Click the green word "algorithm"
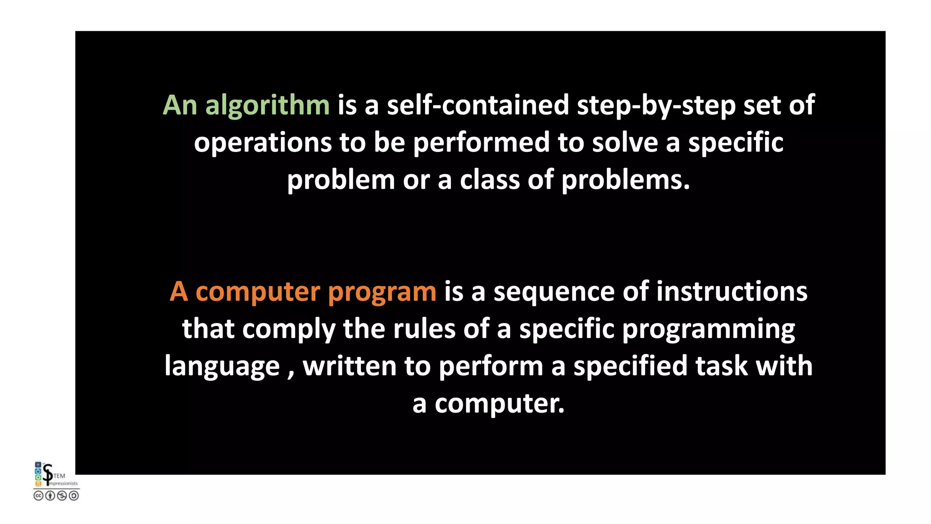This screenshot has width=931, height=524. [x=267, y=106]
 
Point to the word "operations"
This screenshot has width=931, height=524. [x=263, y=143]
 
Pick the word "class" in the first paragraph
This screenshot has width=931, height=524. [x=490, y=180]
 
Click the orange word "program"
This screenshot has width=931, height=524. [x=382, y=292]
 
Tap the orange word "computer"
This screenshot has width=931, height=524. [x=258, y=292]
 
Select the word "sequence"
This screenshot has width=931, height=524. [x=554, y=292]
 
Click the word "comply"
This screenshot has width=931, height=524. [x=289, y=329]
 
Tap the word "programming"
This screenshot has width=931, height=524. [x=708, y=329]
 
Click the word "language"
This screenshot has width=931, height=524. [x=222, y=367]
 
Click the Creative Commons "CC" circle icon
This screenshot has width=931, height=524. [x=38, y=496]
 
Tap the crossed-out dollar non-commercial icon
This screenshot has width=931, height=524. [x=62, y=496]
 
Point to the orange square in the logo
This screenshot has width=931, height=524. [x=38, y=484]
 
